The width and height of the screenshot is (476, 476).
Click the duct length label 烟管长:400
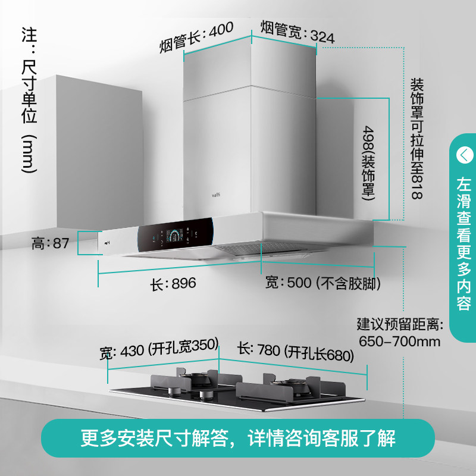[x=196, y=37]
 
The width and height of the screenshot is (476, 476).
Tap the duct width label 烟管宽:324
[x=297, y=32]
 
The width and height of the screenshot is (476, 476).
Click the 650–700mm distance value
[x=400, y=342]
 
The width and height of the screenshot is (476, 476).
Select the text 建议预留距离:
[x=400, y=325]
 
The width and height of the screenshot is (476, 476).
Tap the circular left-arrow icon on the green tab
[x=464, y=155]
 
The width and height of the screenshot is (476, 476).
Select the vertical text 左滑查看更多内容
[x=464, y=244]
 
